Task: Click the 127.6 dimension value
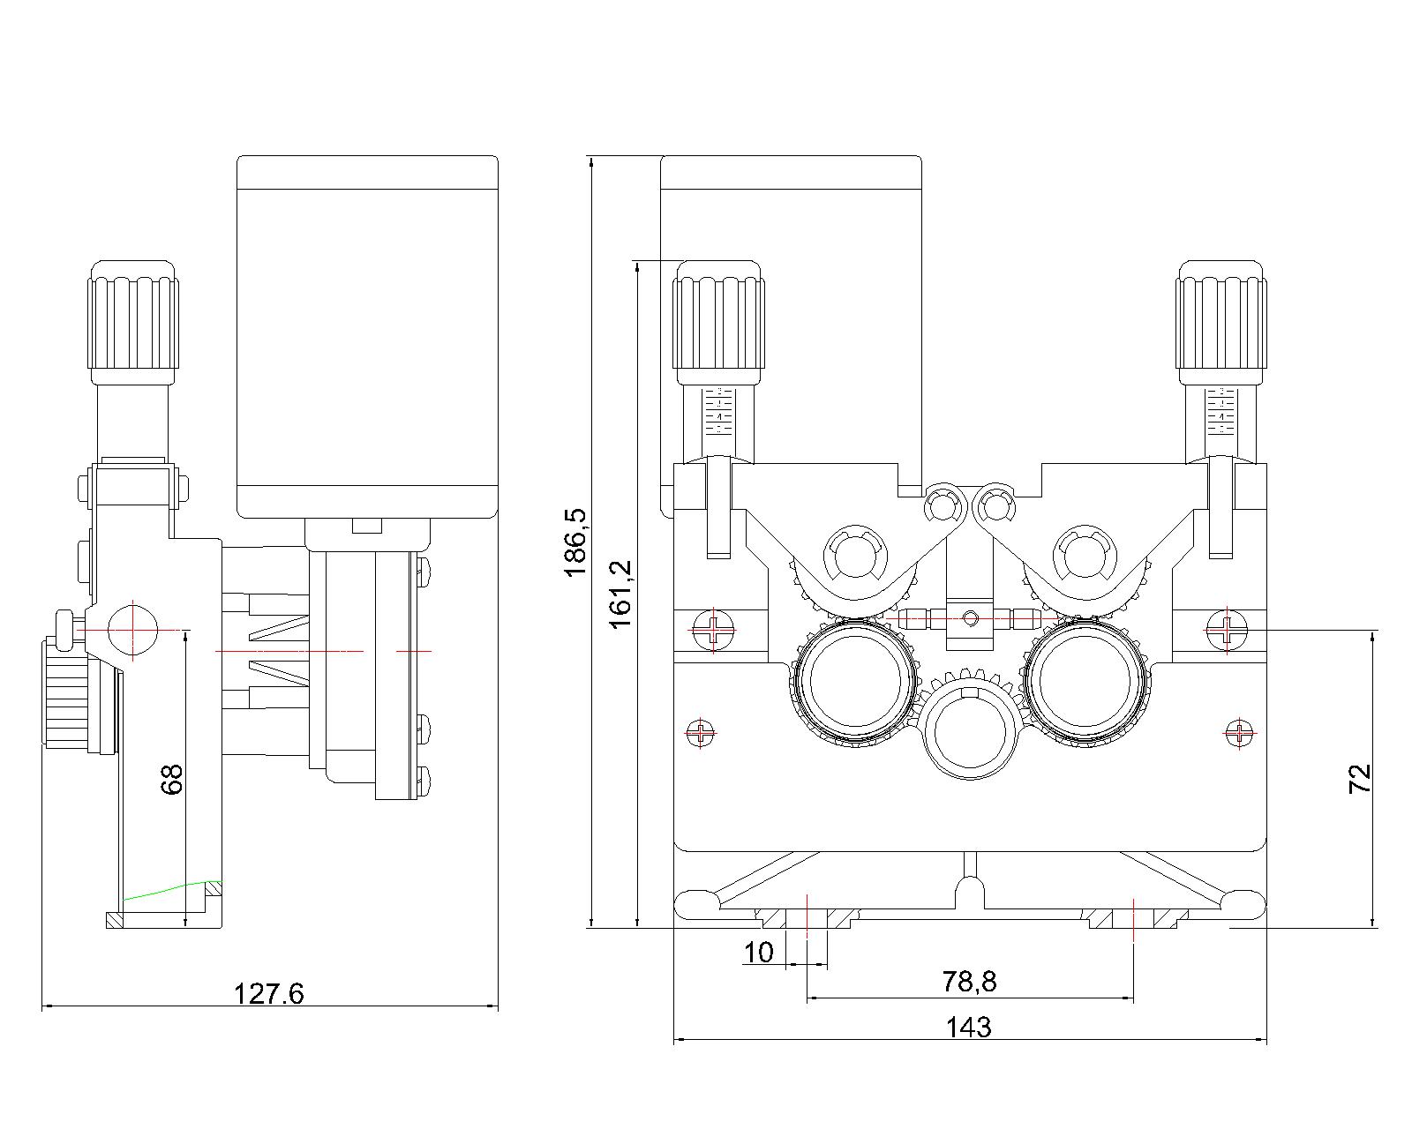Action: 268,994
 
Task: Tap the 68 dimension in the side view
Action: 172,779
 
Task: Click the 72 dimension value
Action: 1360,778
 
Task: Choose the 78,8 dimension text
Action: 969,981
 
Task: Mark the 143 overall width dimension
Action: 968,1027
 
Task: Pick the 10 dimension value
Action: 758,953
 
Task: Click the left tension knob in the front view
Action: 717,322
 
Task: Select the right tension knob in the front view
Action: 1221,322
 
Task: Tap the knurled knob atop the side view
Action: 132,322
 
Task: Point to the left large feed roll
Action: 853,684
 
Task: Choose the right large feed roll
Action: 1085,684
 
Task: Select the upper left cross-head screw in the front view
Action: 713,629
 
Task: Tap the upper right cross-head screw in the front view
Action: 1227,629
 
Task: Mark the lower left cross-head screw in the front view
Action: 702,731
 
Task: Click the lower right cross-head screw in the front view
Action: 1240,731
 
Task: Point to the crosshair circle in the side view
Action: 132,630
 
